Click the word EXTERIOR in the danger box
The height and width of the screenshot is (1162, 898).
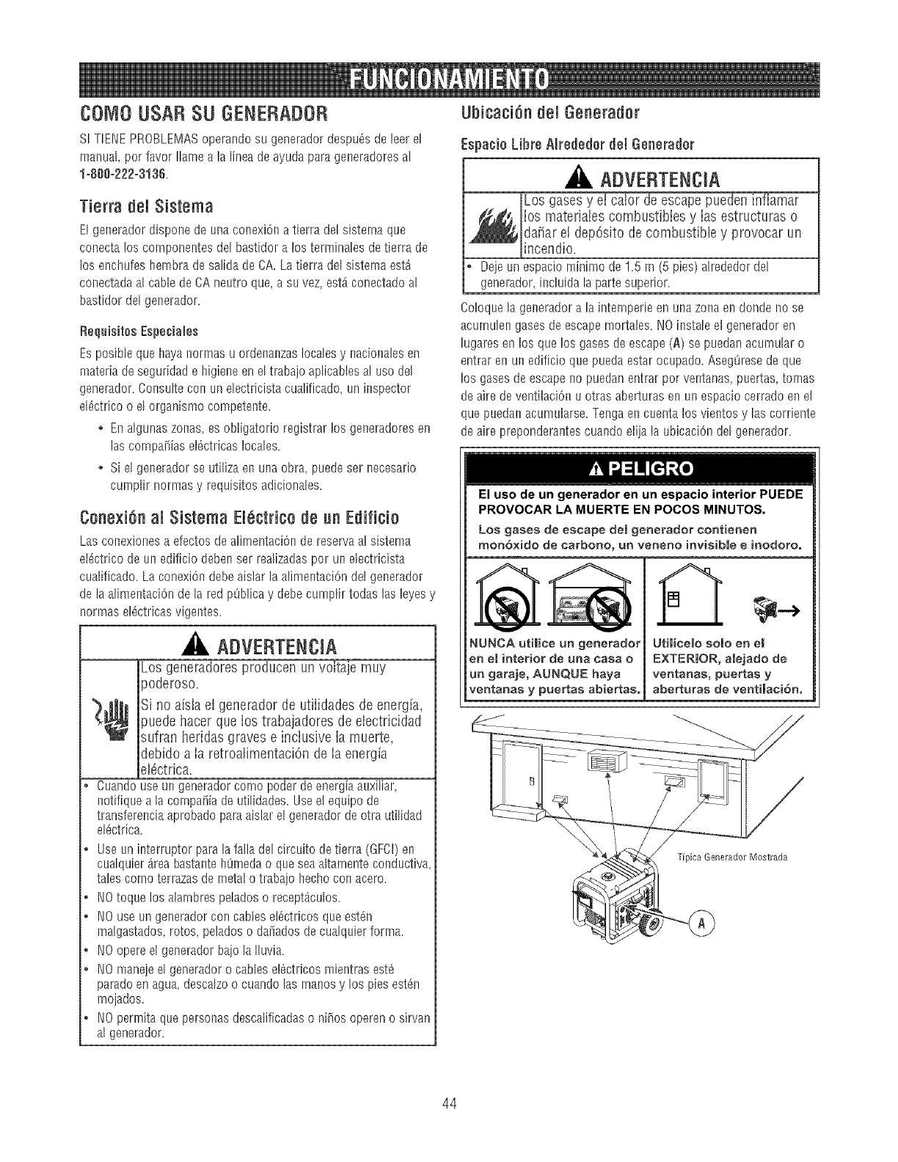coord(683,659)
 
